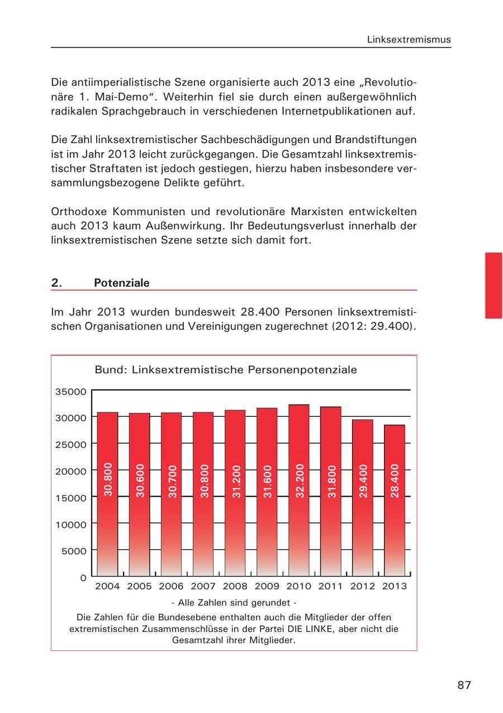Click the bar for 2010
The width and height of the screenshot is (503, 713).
[x=298, y=491]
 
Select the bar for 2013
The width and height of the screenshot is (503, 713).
[x=394, y=501]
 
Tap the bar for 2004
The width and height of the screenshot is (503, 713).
[x=107, y=494]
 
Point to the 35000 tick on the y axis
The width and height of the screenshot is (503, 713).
[x=71, y=392]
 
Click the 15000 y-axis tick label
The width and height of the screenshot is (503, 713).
[x=71, y=498]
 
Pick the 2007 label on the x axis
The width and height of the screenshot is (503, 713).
[x=203, y=586]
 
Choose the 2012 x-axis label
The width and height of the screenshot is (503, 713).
[x=362, y=586]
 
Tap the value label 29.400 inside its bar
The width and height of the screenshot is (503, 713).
[x=363, y=481]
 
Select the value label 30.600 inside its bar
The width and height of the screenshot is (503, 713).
[x=140, y=481]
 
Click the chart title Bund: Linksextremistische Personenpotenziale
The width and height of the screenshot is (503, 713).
[x=226, y=370]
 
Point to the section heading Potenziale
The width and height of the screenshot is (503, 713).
[x=122, y=283]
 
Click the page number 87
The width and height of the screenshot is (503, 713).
[x=464, y=685]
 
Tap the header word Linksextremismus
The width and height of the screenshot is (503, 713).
[x=409, y=40]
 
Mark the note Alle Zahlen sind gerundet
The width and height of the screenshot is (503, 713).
[x=234, y=603]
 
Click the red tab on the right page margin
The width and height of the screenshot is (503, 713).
[x=493, y=285]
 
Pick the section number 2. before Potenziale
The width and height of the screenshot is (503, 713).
[x=56, y=283]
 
